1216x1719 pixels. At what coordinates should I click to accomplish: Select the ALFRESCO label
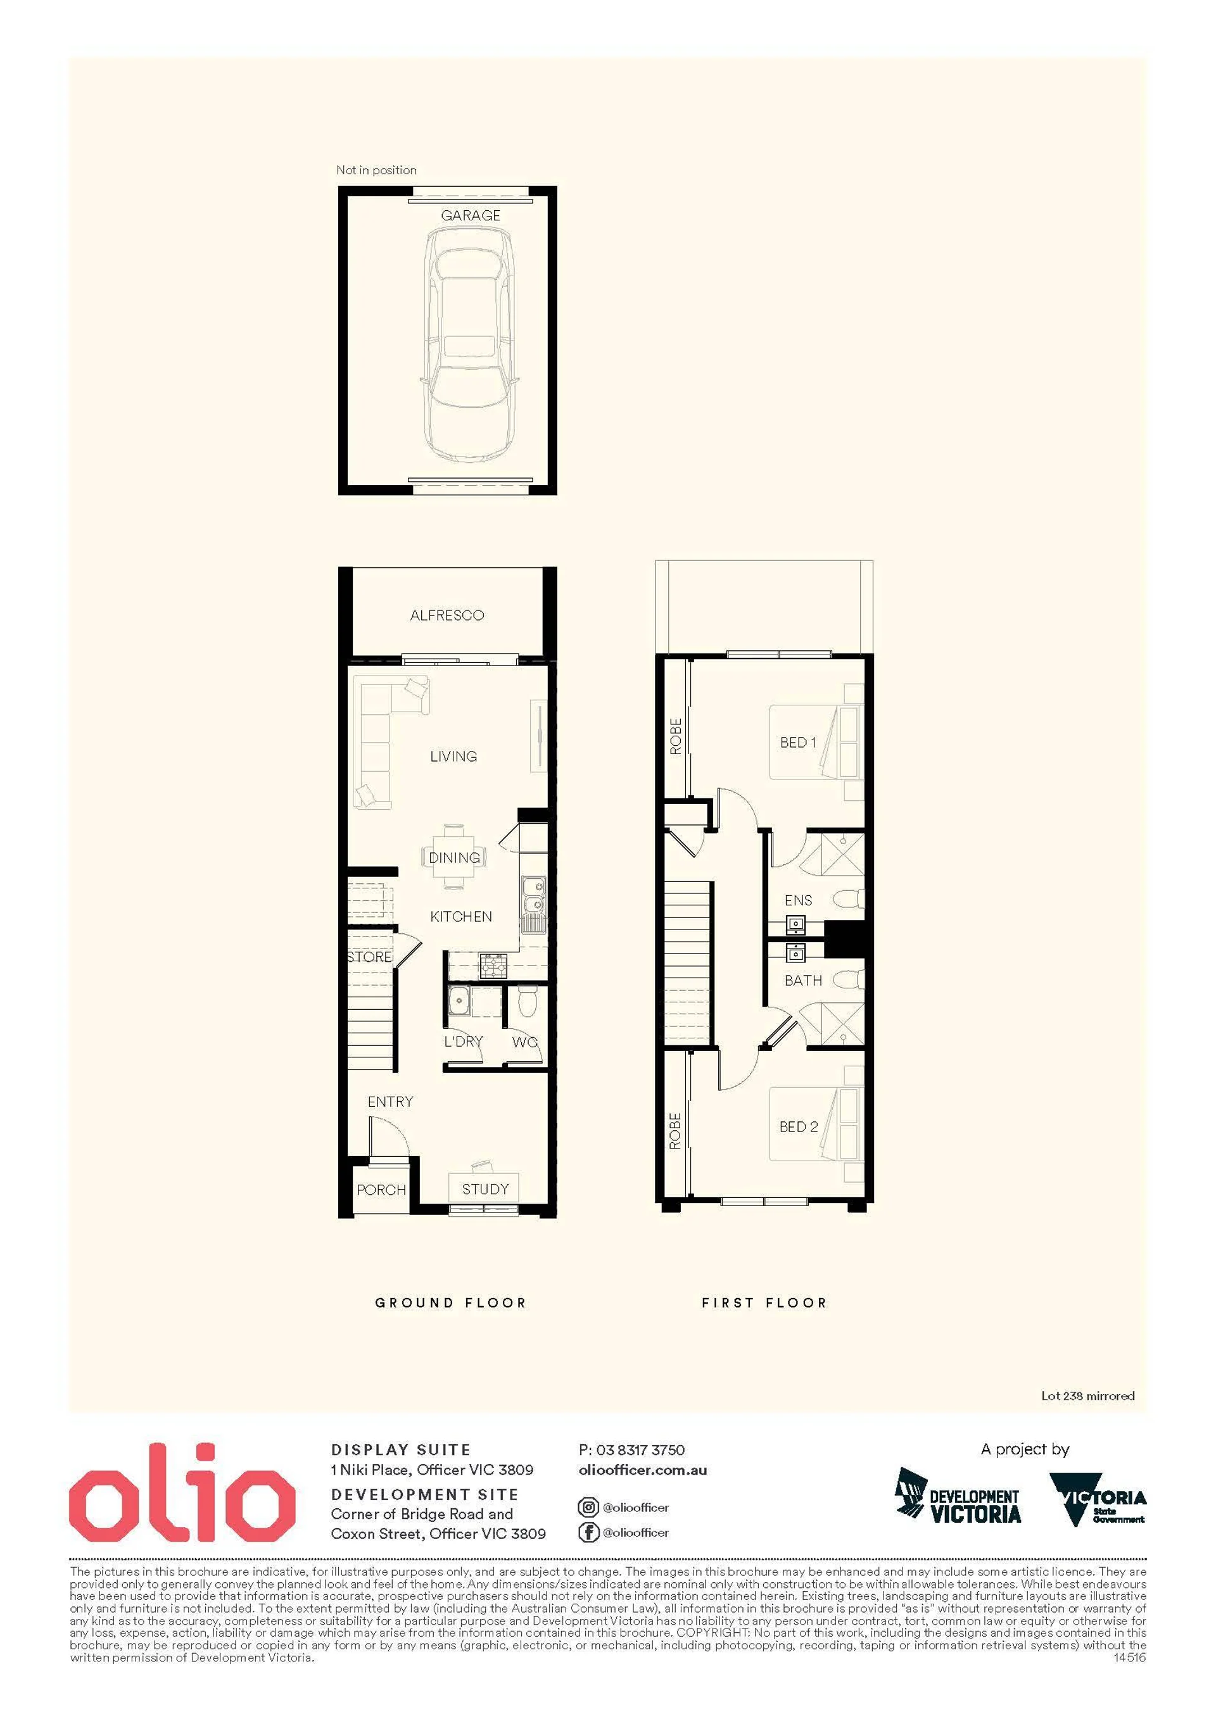(x=447, y=615)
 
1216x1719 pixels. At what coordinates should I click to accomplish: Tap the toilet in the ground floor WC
(x=527, y=1002)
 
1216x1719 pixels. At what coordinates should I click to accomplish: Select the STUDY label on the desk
(x=485, y=1189)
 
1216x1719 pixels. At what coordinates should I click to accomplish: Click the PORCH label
(x=381, y=1190)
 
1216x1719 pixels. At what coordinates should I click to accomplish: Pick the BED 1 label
(x=798, y=742)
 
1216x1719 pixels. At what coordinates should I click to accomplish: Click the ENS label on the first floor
(x=798, y=900)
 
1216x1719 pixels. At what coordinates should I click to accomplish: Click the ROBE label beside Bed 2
(x=674, y=1131)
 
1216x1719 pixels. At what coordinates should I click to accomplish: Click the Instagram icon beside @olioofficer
(x=588, y=1507)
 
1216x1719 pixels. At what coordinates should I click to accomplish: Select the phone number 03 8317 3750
(x=640, y=1450)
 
